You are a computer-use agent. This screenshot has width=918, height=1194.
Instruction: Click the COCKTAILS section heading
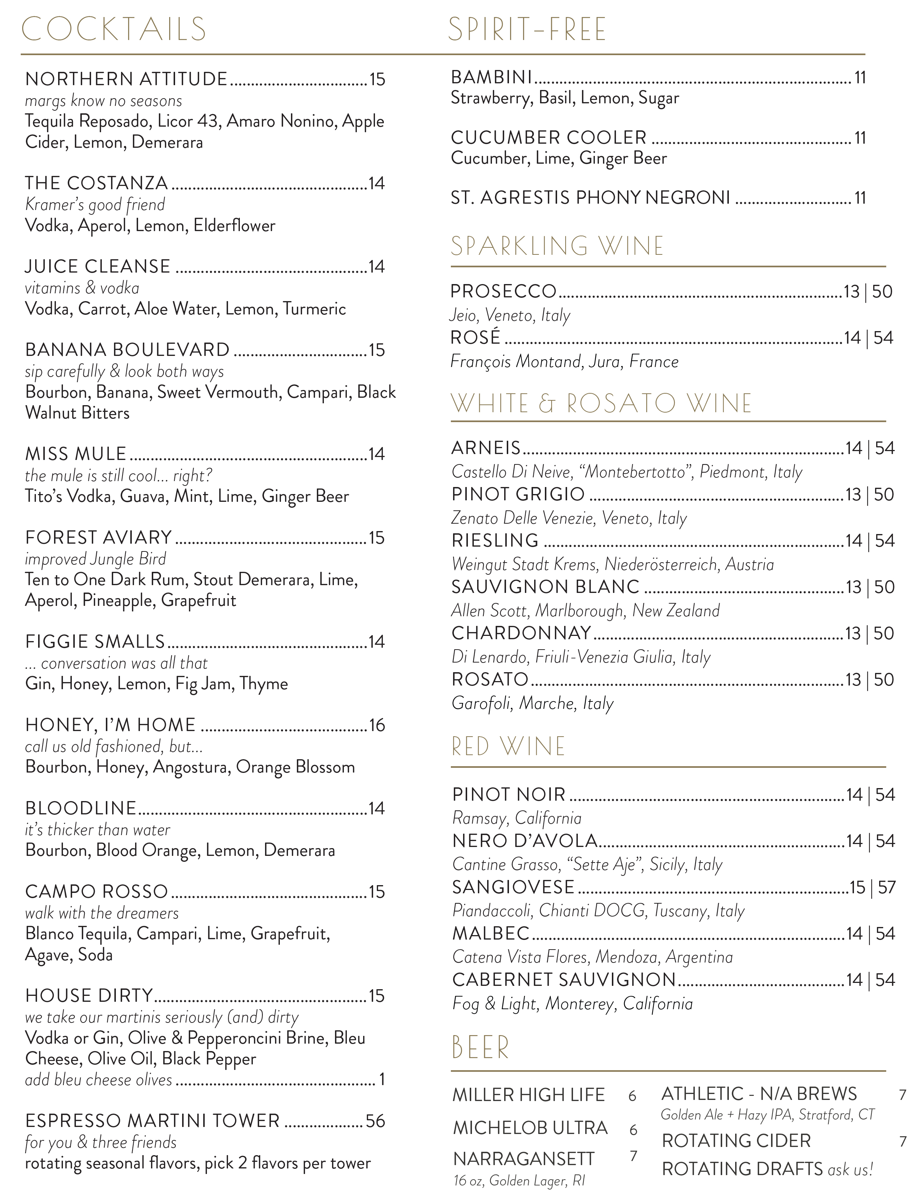tap(114, 30)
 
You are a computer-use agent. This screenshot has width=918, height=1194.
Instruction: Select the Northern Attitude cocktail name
tap(126, 79)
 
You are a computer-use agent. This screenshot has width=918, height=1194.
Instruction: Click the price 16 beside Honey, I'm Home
tap(377, 726)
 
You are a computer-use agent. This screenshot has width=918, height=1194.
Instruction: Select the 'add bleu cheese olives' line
tap(98, 1080)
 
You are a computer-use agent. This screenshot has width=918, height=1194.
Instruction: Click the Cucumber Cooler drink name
tap(549, 137)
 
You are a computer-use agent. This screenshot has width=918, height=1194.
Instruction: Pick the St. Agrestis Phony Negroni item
tap(590, 197)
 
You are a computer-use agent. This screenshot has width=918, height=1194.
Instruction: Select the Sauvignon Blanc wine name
tap(545, 587)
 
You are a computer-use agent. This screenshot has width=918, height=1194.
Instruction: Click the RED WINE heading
tap(508, 747)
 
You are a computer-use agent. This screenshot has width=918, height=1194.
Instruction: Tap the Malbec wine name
tap(491, 933)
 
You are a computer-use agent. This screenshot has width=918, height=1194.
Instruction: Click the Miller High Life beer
tap(528, 1095)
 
